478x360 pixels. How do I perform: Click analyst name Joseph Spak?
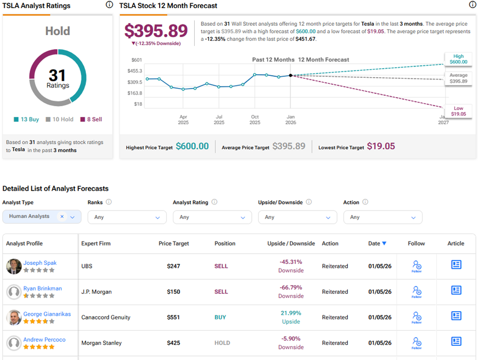40,263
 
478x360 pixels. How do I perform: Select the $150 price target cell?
174,292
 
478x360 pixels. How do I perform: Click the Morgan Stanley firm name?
102,343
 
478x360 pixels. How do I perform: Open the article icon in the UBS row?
456,264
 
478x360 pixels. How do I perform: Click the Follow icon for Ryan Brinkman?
416,291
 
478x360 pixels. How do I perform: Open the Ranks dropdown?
127,217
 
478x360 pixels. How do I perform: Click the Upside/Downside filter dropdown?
297,217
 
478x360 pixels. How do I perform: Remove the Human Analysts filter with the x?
62,217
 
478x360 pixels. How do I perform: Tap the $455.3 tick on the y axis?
135,71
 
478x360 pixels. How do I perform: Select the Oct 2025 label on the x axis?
255,119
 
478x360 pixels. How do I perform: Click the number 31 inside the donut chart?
57,76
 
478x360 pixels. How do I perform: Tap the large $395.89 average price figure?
156,31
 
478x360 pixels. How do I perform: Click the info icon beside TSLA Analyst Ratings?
109,5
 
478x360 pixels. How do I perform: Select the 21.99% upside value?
291,313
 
